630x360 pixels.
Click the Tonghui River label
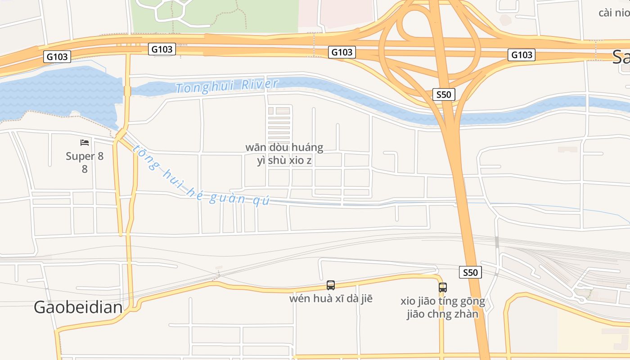click(x=227, y=85)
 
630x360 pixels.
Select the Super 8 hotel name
click(x=85, y=156)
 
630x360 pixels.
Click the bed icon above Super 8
click(x=85, y=143)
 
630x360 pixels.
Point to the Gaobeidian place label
click(x=78, y=307)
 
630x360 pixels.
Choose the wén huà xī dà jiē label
click(x=331, y=298)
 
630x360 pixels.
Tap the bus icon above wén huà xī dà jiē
click(x=331, y=285)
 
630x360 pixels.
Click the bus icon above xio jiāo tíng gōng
click(x=443, y=287)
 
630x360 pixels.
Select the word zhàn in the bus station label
click(x=465, y=314)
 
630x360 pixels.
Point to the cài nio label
click(x=614, y=12)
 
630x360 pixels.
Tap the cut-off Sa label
click(x=621, y=57)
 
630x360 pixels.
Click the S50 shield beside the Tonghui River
click(x=444, y=94)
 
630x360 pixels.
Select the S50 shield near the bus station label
click(x=470, y=272)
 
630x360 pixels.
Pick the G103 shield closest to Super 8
click(x=57, y=57)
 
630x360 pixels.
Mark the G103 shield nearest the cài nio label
click(x=522, y=55)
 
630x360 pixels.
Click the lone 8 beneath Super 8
click(x=85, y=169)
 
